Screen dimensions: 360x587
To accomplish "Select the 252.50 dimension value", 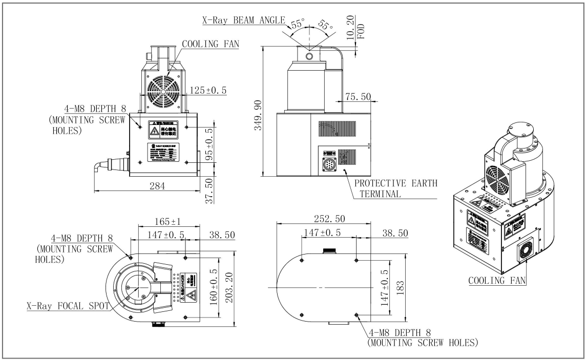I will pos(329,219).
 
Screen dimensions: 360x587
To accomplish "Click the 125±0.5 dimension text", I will pos(209,91).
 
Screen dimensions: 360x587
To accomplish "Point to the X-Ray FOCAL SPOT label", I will pos(68,306).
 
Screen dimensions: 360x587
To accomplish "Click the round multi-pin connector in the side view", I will pos(329,165).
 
